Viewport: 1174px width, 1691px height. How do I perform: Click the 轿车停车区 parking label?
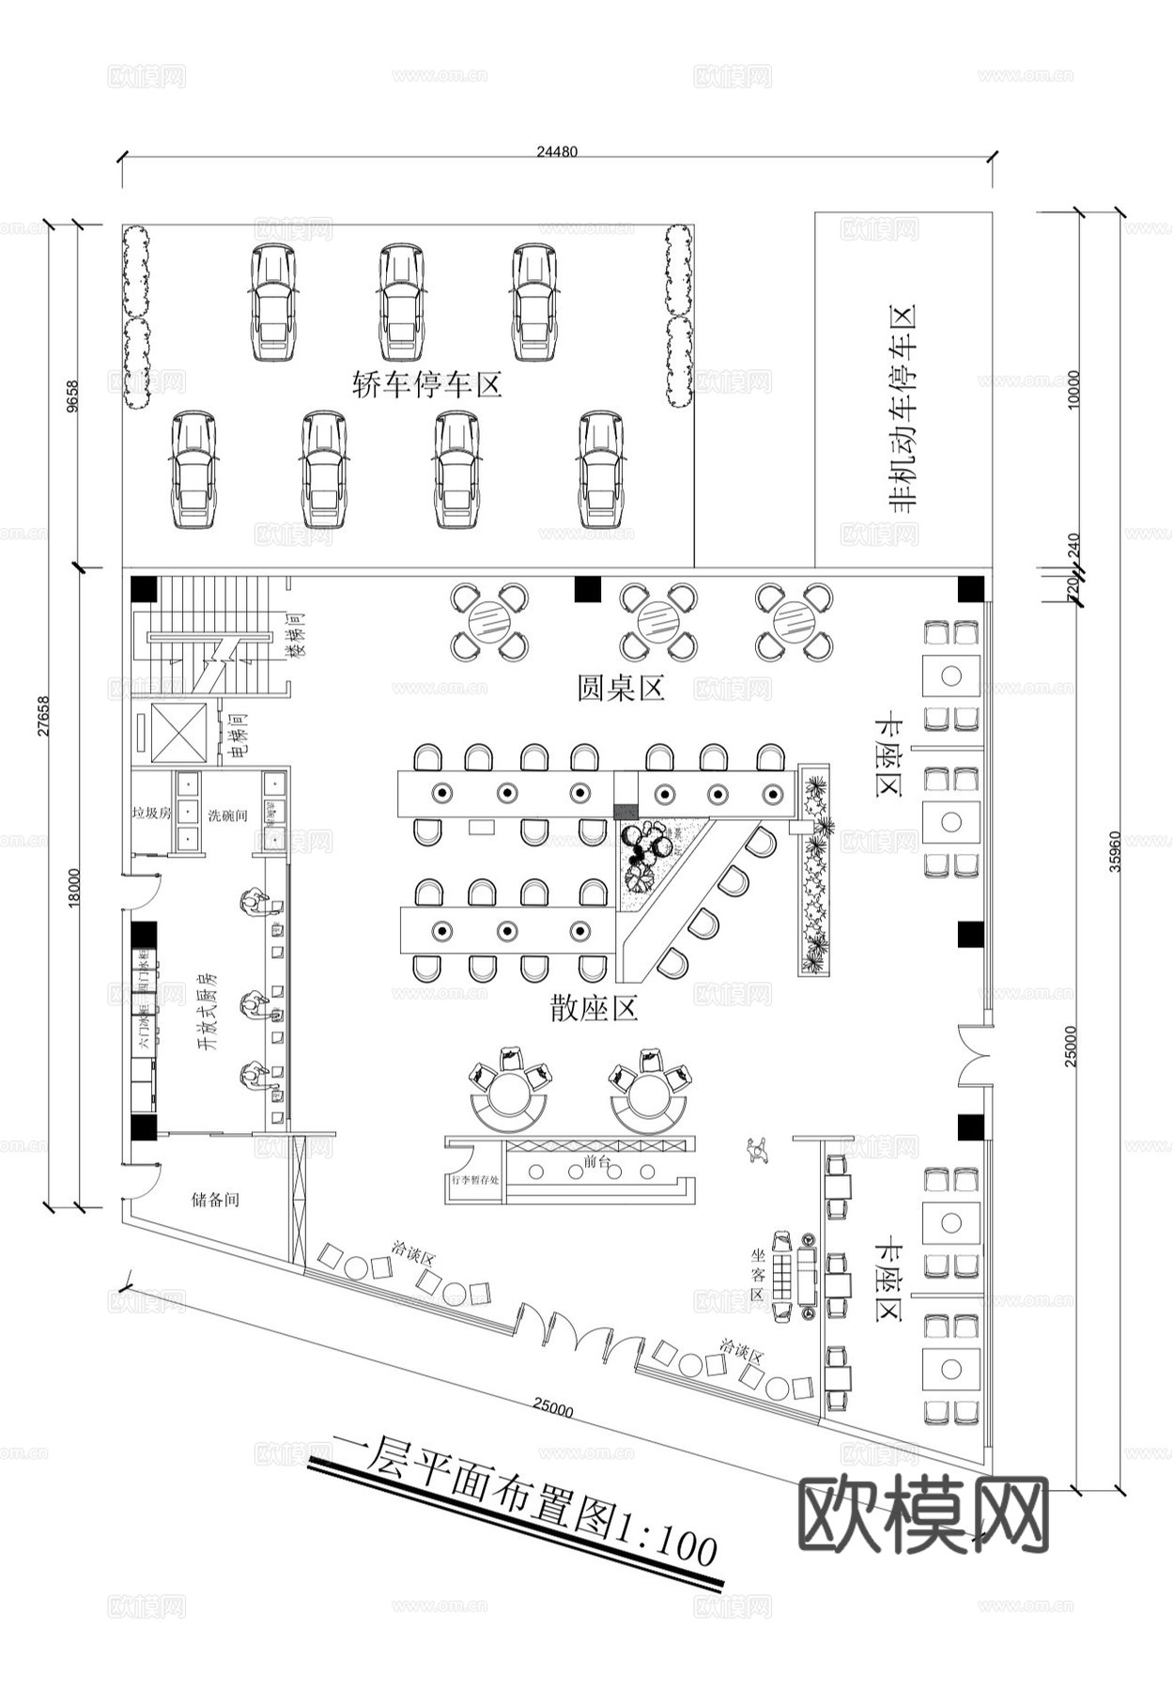[x=427, y=384]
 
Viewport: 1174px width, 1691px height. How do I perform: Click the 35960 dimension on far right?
[x=1114, y=850]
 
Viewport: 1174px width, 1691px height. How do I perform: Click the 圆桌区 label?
[x=621, y=688]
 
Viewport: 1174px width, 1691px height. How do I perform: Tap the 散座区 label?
[x=594, y=1008]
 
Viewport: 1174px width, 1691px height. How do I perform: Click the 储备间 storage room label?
[x=215, y=1200]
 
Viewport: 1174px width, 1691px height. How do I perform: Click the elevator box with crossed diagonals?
[x=178, y=730]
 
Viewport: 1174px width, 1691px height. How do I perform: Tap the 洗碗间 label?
[x=227, y=814]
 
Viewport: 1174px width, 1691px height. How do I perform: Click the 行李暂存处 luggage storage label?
[x=475, y=1181]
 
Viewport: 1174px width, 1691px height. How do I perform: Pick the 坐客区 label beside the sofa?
[x=758, y=1274]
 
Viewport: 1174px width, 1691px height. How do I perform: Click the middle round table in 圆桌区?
[x=657, y=621]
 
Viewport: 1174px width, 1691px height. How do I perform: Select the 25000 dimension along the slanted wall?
[x=553, y=1408]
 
